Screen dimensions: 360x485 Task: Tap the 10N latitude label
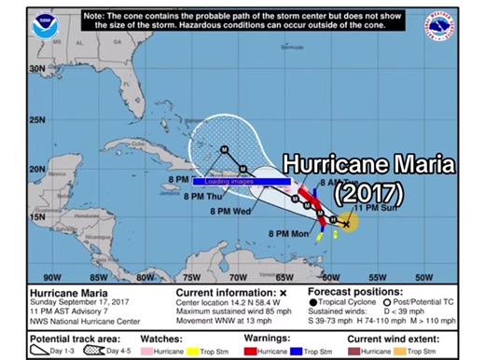pyautogui.click(x=38, y=264)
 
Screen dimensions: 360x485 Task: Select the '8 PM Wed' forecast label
pyautogui.click(x=232, y=213)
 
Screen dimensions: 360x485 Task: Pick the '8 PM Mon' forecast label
pyautogui.click(x=288, y=232)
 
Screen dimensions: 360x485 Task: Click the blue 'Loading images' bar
pyautogui.click(x=243, y=181)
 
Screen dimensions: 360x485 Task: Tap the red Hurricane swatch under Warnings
pyautogui.click(x=249, y=346)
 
